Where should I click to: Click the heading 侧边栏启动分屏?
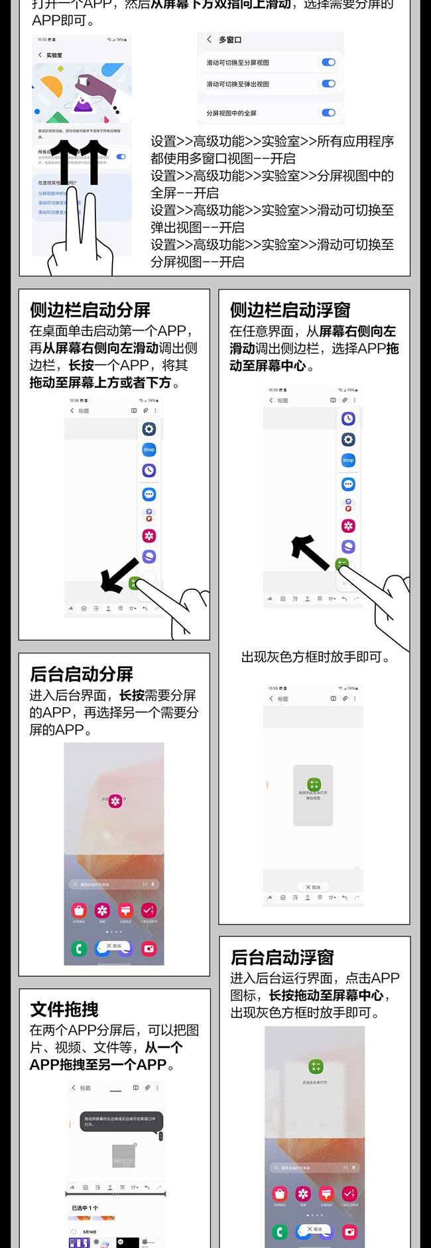pyautogui.click(x=90, y=310)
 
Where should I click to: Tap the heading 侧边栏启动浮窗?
pyautogui.click(x=290, y=310)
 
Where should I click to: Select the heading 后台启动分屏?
pyautogui.click(x=82, y=674)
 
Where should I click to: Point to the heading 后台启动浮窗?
pyautogui.click(x=282, y=957)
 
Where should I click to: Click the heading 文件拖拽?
pyautogui.click(x=64, y=1009)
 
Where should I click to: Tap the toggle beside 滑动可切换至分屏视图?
pyautogui.click(x=328, y=62)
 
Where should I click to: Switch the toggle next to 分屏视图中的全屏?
pyautogui.click(x=328, y=113)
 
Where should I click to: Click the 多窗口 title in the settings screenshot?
pyautogui.click(x=230, y=40)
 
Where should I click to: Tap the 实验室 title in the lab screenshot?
pyautogui.click(x=54, y=55)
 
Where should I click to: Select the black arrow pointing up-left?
pyautogui.click(x=310, y=552)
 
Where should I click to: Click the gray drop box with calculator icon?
pyautogui.click(x=313, y=795)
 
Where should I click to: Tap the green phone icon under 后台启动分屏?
pyautogui.click(x=79, y=948)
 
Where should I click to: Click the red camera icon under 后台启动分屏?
pyautogui.click(x=149, y=948)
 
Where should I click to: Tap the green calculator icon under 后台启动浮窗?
pyautogui.click(x=316, y=1066)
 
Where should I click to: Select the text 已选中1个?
pyautogui.click(x=85, y=1208)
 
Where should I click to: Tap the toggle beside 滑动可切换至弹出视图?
pyautogui.click(x=328, y=84)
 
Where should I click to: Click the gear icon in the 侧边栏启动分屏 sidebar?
pyautogui.click(x=149, y=429)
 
